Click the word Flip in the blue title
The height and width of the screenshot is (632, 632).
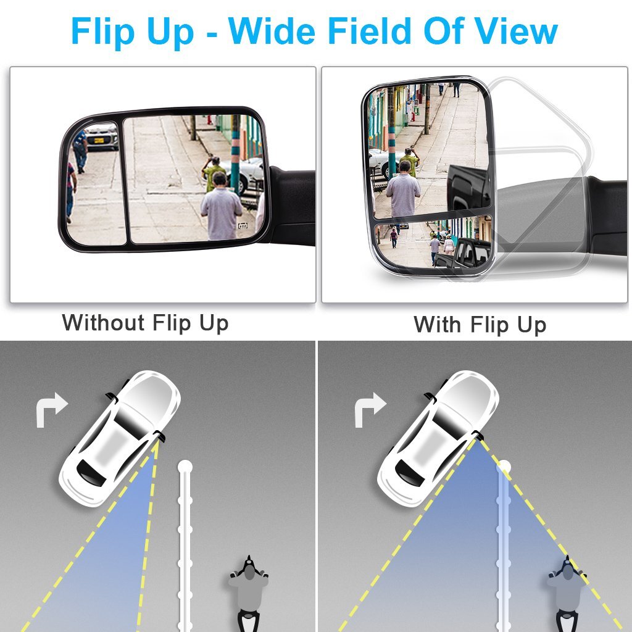(102, 32)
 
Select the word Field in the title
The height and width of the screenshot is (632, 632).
(369, 31)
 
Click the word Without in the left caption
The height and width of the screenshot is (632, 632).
(104, 322)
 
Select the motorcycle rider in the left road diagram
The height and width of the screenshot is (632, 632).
(249, 593)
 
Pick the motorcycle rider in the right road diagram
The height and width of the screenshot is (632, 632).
(567, 593)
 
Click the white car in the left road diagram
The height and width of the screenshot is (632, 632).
(120, 438)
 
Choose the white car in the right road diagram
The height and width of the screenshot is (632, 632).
(438, 438)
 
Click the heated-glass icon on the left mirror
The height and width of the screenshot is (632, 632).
(243, 226)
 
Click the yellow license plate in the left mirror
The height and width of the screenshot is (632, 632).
(99, 140)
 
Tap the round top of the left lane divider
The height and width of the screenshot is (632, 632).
(185, 467)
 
